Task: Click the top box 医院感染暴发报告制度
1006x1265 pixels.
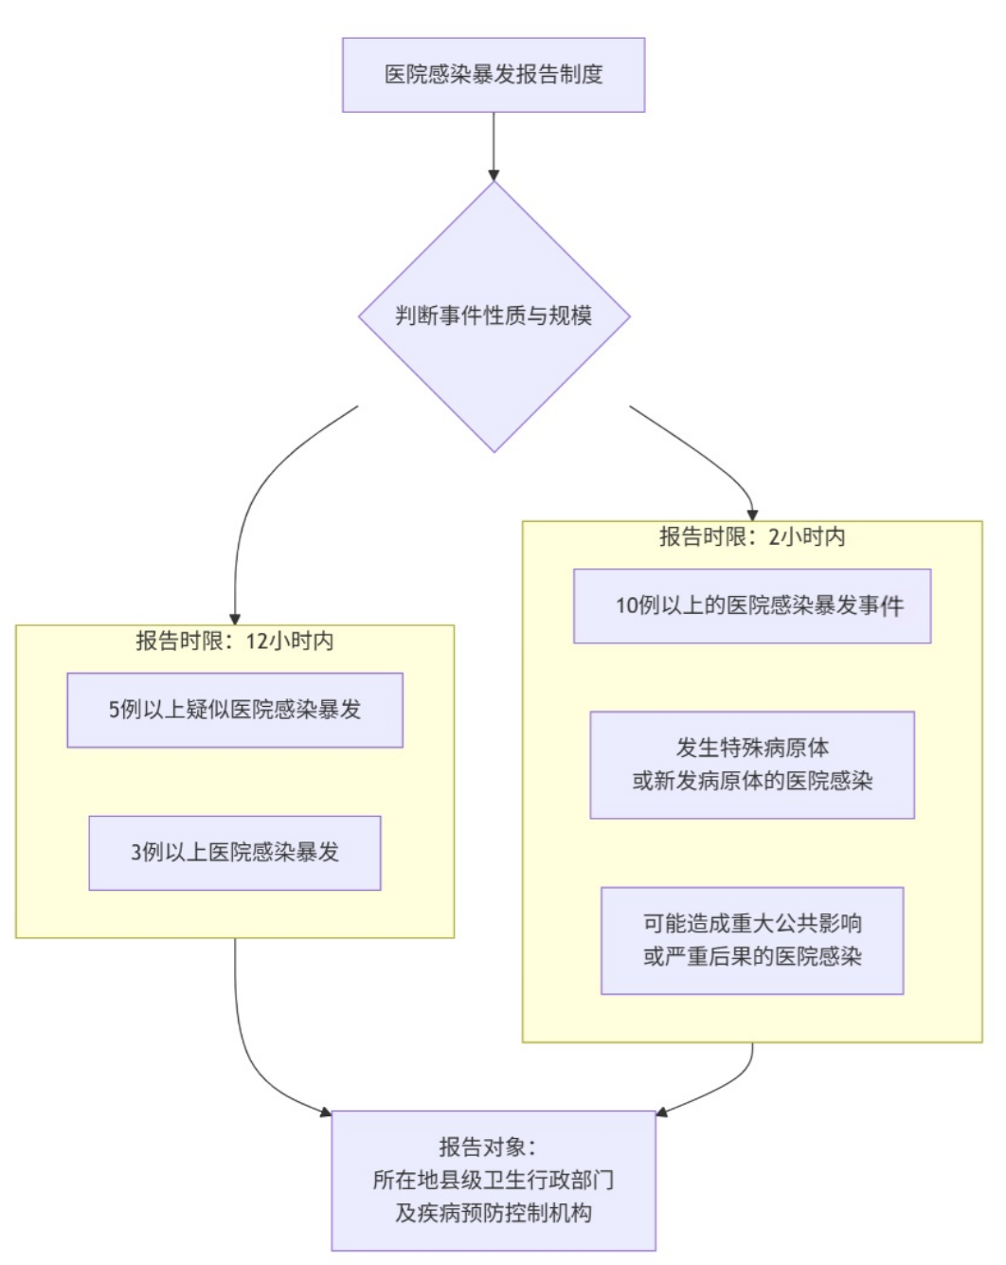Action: pyautogui.click(x=494, y=75)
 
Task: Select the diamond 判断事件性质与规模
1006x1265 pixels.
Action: pyautogui.click(x=494, y=316)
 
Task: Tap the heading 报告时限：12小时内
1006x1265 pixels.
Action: pyautogui.click(x=234, y=642)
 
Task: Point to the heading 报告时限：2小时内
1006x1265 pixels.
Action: pyautogui.click(x=752, y=537)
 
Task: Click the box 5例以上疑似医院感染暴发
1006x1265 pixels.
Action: pyautogui.click(x=235, y=710)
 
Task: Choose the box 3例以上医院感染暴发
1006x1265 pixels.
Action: pyautogui.click(x=235, y=853)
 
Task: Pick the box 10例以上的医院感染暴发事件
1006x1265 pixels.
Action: pyautogui.click(x=752, y=606)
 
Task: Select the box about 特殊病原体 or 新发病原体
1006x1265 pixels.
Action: pyautogui.click(x=752, y=765)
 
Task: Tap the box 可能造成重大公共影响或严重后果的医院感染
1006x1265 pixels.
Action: pyautogui.click(x=752, y=941)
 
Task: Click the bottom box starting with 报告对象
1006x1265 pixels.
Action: pyautogui.click(x=494, y=1180)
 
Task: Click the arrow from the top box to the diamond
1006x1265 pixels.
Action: pyautogui.click(x=494, y=146)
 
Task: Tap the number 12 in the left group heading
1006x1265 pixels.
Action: pyautogui.click(x=258, y=642)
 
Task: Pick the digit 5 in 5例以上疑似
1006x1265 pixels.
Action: pyautogui.click(x=114, y=710)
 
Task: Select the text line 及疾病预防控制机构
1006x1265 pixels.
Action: pyautogui.click(x=494, y=1213)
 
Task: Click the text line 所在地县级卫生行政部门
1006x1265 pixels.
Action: pyautogui.click(x=494, y=1180)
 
